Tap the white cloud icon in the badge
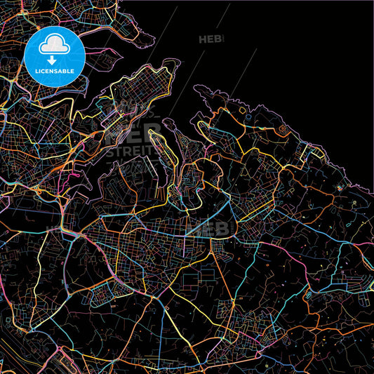point(55,46)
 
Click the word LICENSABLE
point(55,72)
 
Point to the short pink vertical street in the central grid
point(185,246)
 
